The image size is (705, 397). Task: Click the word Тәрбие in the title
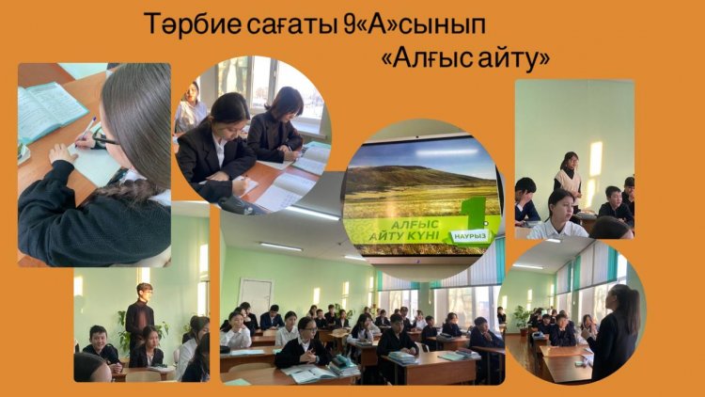[193, 24]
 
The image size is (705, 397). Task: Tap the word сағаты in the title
[290, 25]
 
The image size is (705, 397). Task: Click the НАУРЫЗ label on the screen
[470, 236]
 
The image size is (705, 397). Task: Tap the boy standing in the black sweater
[140, 315]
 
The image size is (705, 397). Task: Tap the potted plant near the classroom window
[522, 320]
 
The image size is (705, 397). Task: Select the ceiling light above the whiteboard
[280, 246]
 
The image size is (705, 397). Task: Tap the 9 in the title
[349, 24]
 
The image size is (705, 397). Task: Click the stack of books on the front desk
[344, 365]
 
